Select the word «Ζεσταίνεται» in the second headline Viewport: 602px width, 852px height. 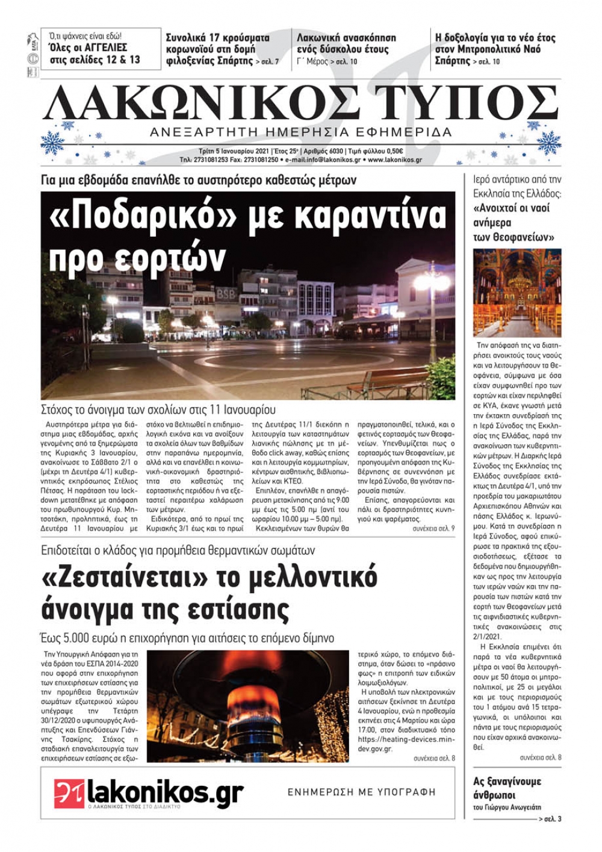point(121,577)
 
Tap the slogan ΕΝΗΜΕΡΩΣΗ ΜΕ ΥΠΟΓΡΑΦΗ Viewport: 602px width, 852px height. point(361,792)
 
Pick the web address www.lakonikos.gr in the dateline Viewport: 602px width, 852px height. point(394,160)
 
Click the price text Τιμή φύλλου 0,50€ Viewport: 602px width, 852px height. point(377,151)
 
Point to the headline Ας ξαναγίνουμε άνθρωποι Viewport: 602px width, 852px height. point(507,788)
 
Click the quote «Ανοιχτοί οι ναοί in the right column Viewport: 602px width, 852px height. point(512,208)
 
